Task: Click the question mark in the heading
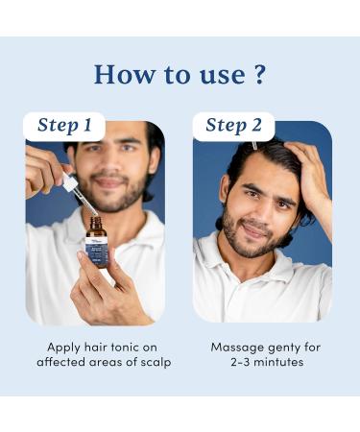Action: (256, 74)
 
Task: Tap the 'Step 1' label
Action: (64, 126)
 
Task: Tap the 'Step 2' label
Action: (233, 126)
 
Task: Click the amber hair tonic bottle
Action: (97, 246)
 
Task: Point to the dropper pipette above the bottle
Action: (80, 194)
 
